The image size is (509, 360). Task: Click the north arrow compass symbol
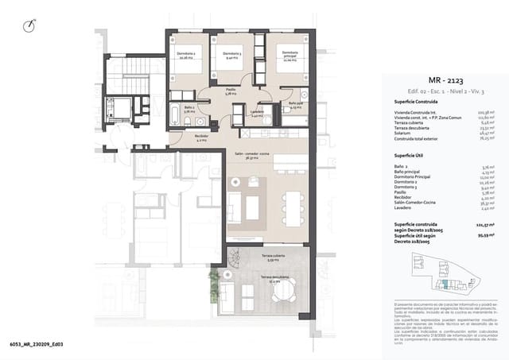30,25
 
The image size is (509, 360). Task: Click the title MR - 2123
445,80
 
